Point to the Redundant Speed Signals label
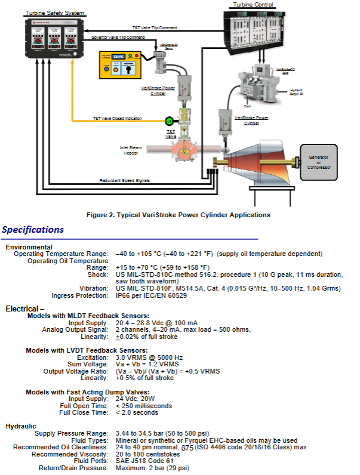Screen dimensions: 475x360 125,180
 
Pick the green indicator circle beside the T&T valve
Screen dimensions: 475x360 170,121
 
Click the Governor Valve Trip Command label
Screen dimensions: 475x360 118,38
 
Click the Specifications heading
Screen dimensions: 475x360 33,230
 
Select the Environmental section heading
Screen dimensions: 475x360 29,247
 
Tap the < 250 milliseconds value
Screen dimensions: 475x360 144,406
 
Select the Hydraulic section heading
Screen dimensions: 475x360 21,426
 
